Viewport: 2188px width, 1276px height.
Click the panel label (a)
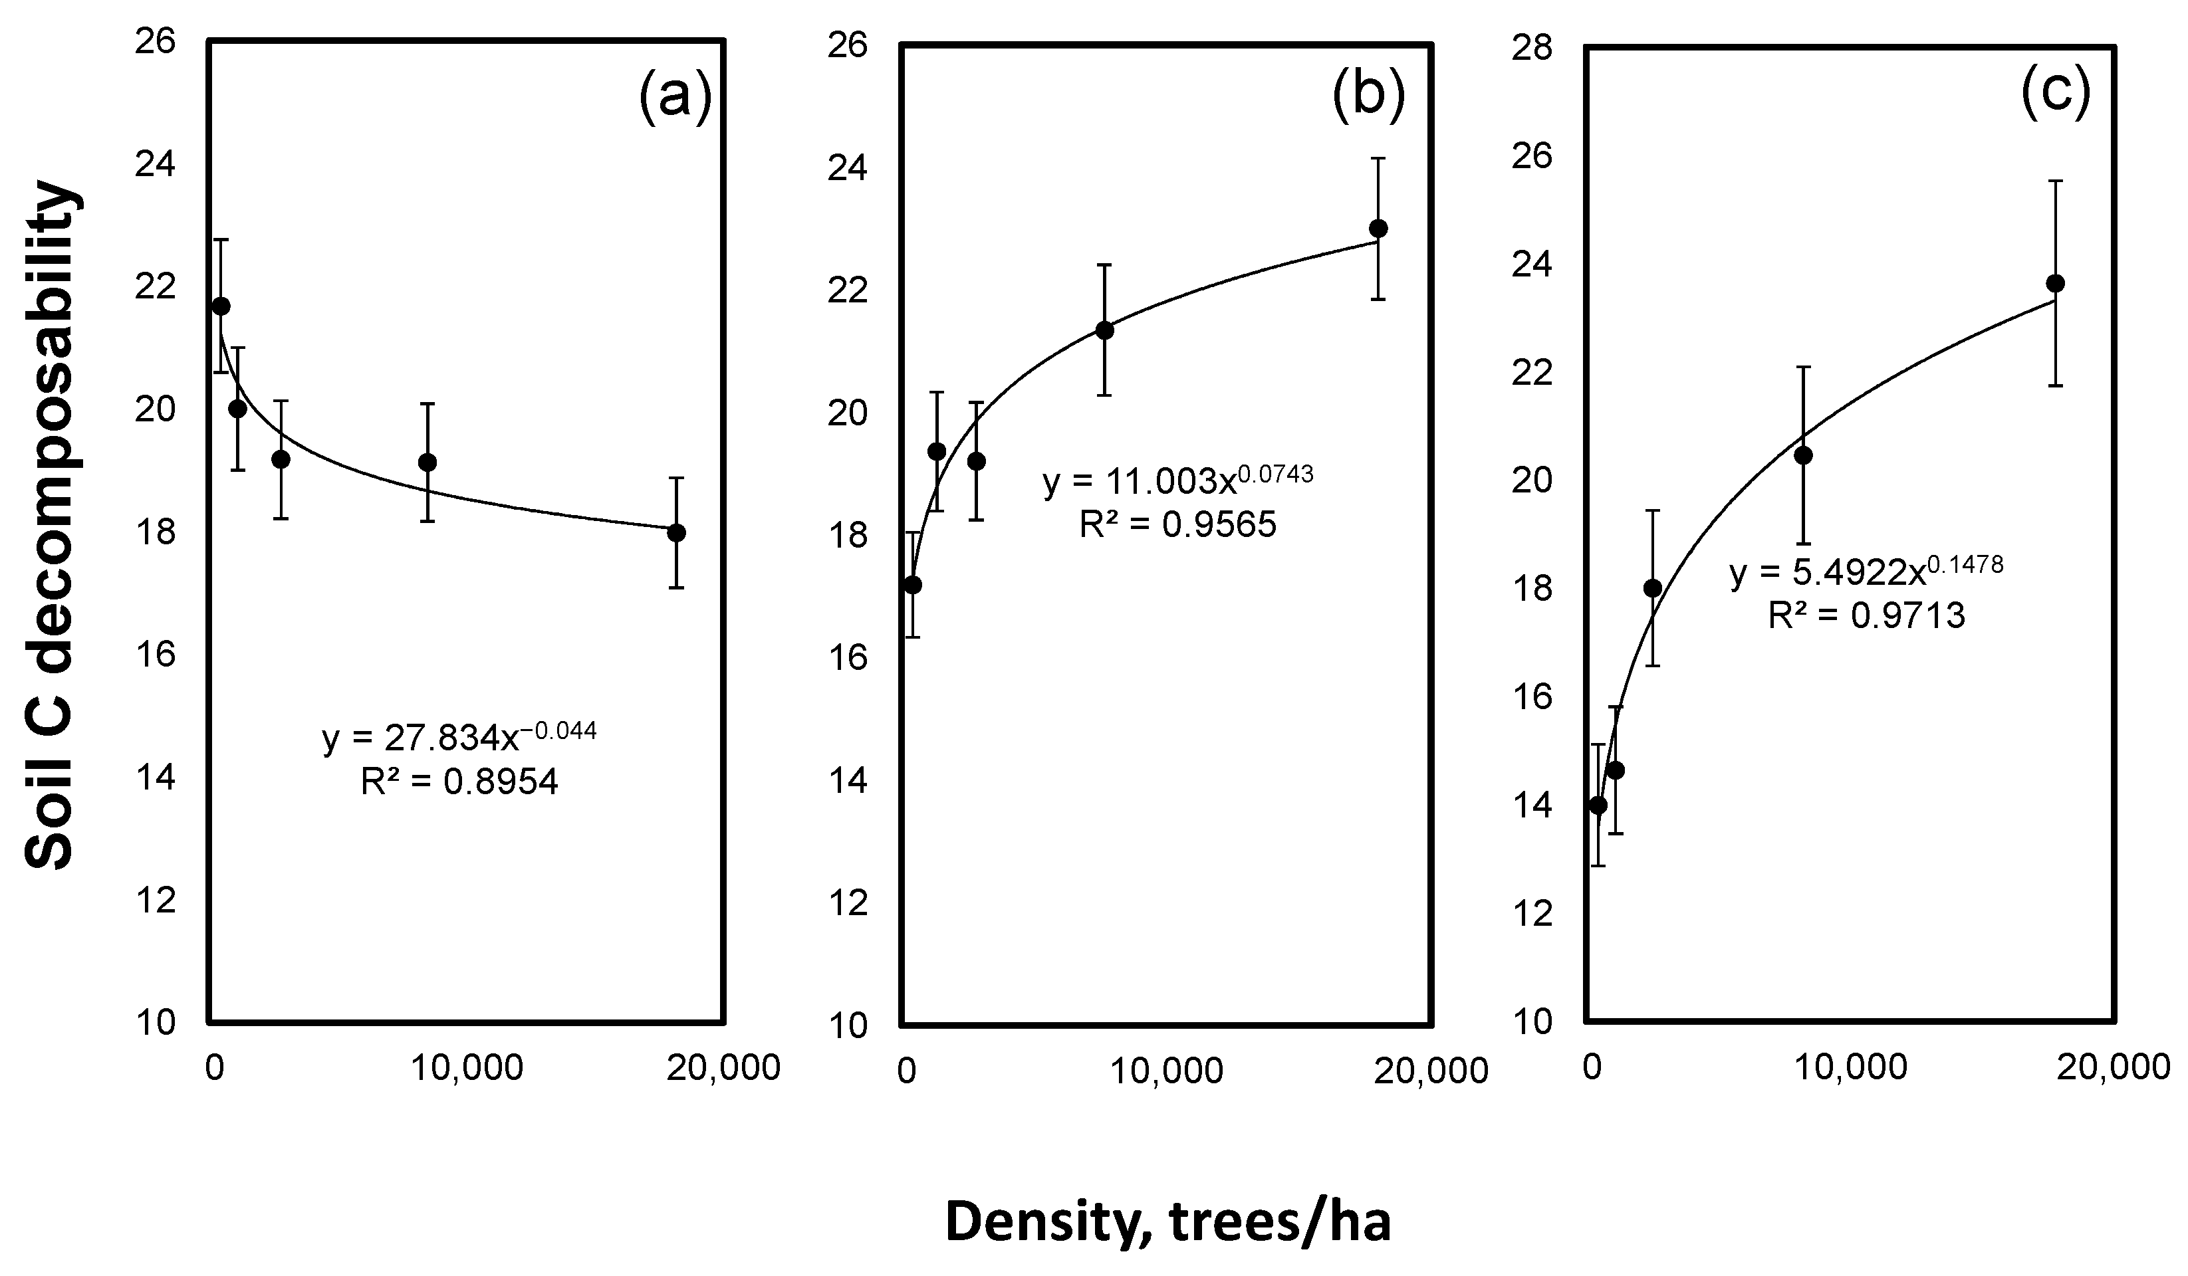(x=675, y=98)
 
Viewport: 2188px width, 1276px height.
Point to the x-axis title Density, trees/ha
(x=1168, y=1222)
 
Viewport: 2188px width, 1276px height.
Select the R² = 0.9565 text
(x=1177, y=524)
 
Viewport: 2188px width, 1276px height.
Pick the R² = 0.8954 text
(x=459, y=782)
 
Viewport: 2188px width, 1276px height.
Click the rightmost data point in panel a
(x=676, y=533)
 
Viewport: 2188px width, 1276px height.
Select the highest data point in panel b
(x=1378, y=229)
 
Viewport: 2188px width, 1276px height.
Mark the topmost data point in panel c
(x=2055, y=283)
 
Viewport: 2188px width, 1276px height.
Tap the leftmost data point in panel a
(x=221, y=306)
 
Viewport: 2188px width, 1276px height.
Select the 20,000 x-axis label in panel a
(x=723, y=1069)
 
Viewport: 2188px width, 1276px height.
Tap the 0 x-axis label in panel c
(x=1592, y=1068)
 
